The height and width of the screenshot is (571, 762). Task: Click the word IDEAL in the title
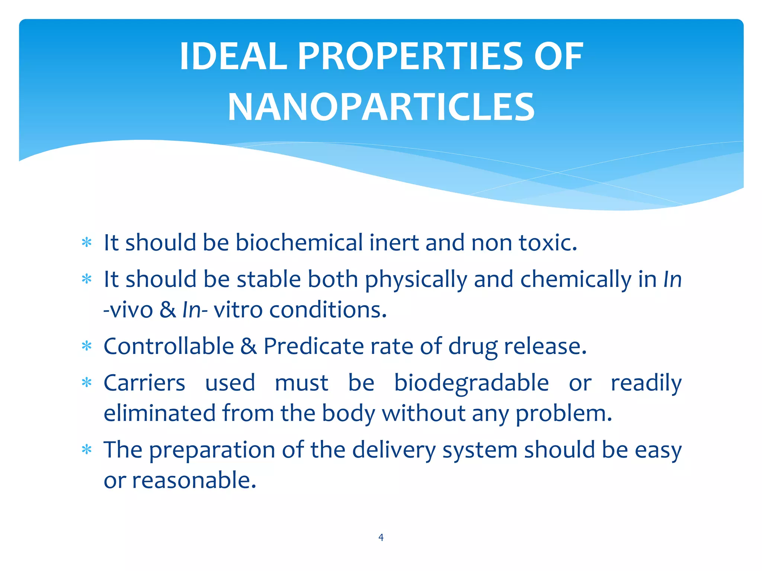click(233, 57)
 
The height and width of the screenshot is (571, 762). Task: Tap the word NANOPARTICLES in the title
click(381, 108)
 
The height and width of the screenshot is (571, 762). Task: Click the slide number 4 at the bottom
click(381, 537)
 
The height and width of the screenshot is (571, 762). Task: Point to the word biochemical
click(299, 242)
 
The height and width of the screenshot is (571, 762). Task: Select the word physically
click(416, 280)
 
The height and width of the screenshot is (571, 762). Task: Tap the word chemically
click(576, 280)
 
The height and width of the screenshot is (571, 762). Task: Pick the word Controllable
click(169, 346)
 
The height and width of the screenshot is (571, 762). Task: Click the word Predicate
click(313, 346)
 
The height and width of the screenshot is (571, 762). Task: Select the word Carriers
click(144, 383)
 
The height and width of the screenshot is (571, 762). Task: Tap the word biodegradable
click(471, 383)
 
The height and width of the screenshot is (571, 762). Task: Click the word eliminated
click(160, 413)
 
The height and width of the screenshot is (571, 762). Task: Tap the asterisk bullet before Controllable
click(87, 346)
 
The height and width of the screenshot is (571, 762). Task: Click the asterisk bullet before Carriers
click(87, 383)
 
